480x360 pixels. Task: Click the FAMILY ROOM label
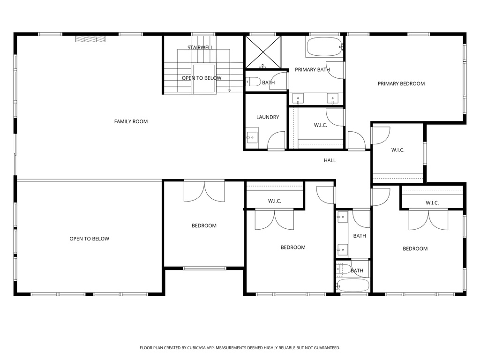click(x=131, y=121)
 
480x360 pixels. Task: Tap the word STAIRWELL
click(x=200, y=47)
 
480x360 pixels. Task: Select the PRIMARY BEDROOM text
click(x=401, y=84)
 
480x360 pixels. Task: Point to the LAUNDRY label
click(x=268, y=117)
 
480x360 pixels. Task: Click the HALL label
click(x=330, y=160)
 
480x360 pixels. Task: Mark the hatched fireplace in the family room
click(x=90, y=39)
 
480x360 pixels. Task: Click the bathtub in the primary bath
click(x=324, y=47)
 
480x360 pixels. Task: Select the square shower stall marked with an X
click(x=263, y=52)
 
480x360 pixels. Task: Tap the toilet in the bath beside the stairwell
click(x=253, y=82)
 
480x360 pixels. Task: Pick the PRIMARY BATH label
click(x=312, y=70)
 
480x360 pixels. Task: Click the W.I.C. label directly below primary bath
click(x=321, y=125)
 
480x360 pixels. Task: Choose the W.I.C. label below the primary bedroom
click(x=397, y=150)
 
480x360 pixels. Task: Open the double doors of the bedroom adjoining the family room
click(x=204, y=191)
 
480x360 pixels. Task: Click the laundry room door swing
click(x=277, y=140)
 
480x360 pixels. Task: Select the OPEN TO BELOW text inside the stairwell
click(x=202, y=78)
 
